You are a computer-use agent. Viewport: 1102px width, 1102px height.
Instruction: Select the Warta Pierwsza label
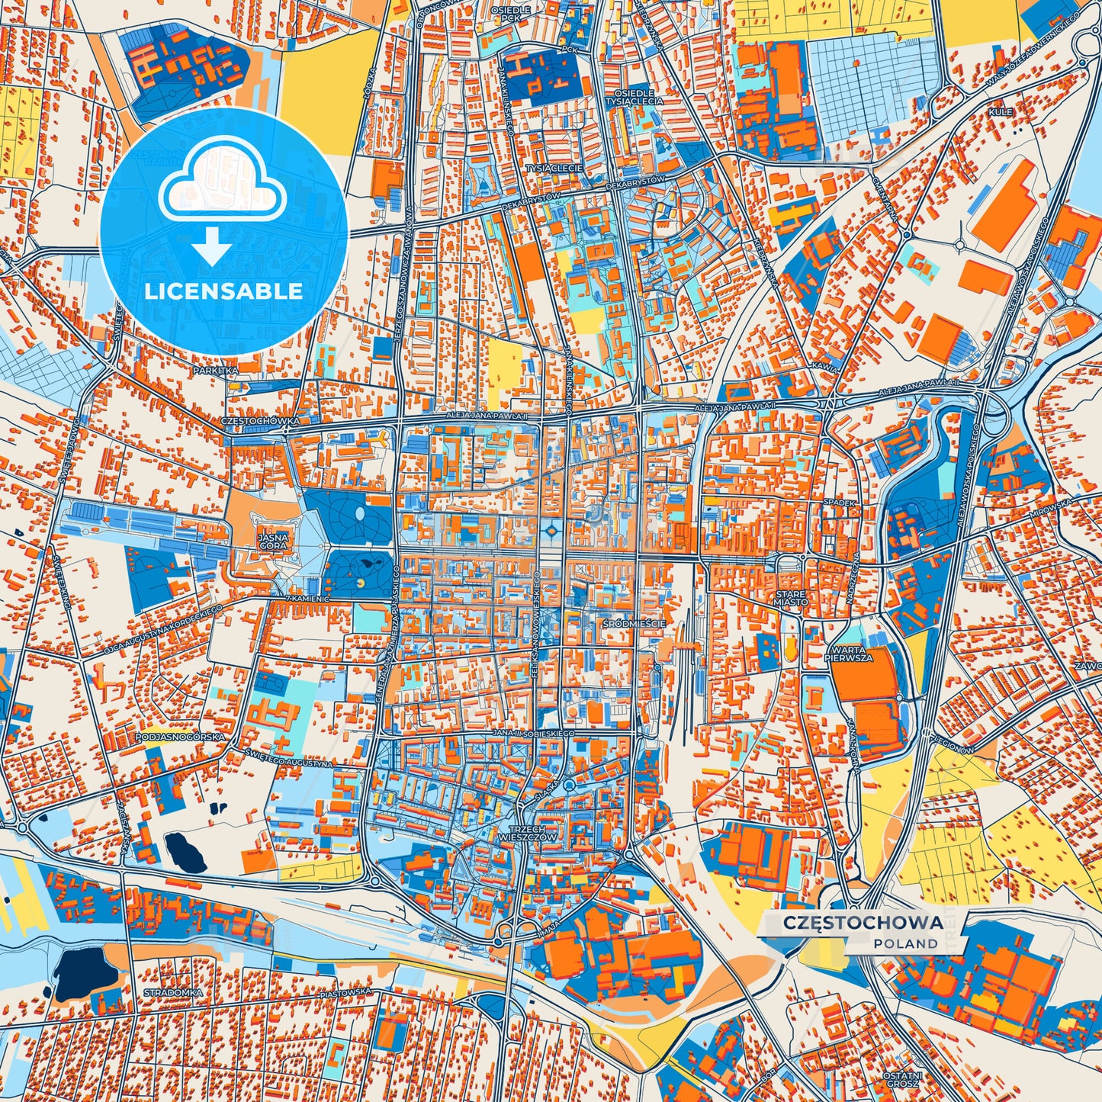point(848,654)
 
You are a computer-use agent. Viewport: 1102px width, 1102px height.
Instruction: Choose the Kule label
point(1001,112)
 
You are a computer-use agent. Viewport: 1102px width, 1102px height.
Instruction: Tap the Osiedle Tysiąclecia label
point(633,96)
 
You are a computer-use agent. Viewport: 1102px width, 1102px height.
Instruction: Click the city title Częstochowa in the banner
point(863,923)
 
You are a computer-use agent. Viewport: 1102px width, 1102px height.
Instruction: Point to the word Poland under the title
point(906,943)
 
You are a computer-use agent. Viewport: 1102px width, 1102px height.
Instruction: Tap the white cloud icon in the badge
point(222,183)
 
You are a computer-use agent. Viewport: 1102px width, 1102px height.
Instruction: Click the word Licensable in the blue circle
point(223,291)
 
